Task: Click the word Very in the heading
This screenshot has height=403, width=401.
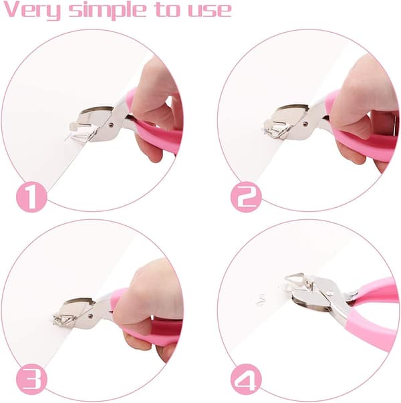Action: coord(32,10)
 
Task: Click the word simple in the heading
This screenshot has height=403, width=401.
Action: coord(108,10)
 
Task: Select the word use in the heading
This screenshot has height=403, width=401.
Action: coord(210,11)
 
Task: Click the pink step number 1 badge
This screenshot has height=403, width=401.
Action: coord(31,197)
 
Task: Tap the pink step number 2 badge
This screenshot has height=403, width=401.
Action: coord(246,197)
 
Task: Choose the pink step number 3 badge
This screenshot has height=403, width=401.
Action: coord(31,379)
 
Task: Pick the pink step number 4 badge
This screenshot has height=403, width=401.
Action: coord(246,379)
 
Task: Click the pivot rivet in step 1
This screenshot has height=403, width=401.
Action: coord(111,126)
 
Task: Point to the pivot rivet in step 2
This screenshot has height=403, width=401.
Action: coord(305,124)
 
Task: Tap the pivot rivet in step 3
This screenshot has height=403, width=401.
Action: coord(90,315)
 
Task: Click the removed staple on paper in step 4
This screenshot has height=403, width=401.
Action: coord(261,299)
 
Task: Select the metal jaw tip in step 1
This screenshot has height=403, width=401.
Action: coord(75,126)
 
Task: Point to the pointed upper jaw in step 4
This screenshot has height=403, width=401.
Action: coord(295,277)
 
